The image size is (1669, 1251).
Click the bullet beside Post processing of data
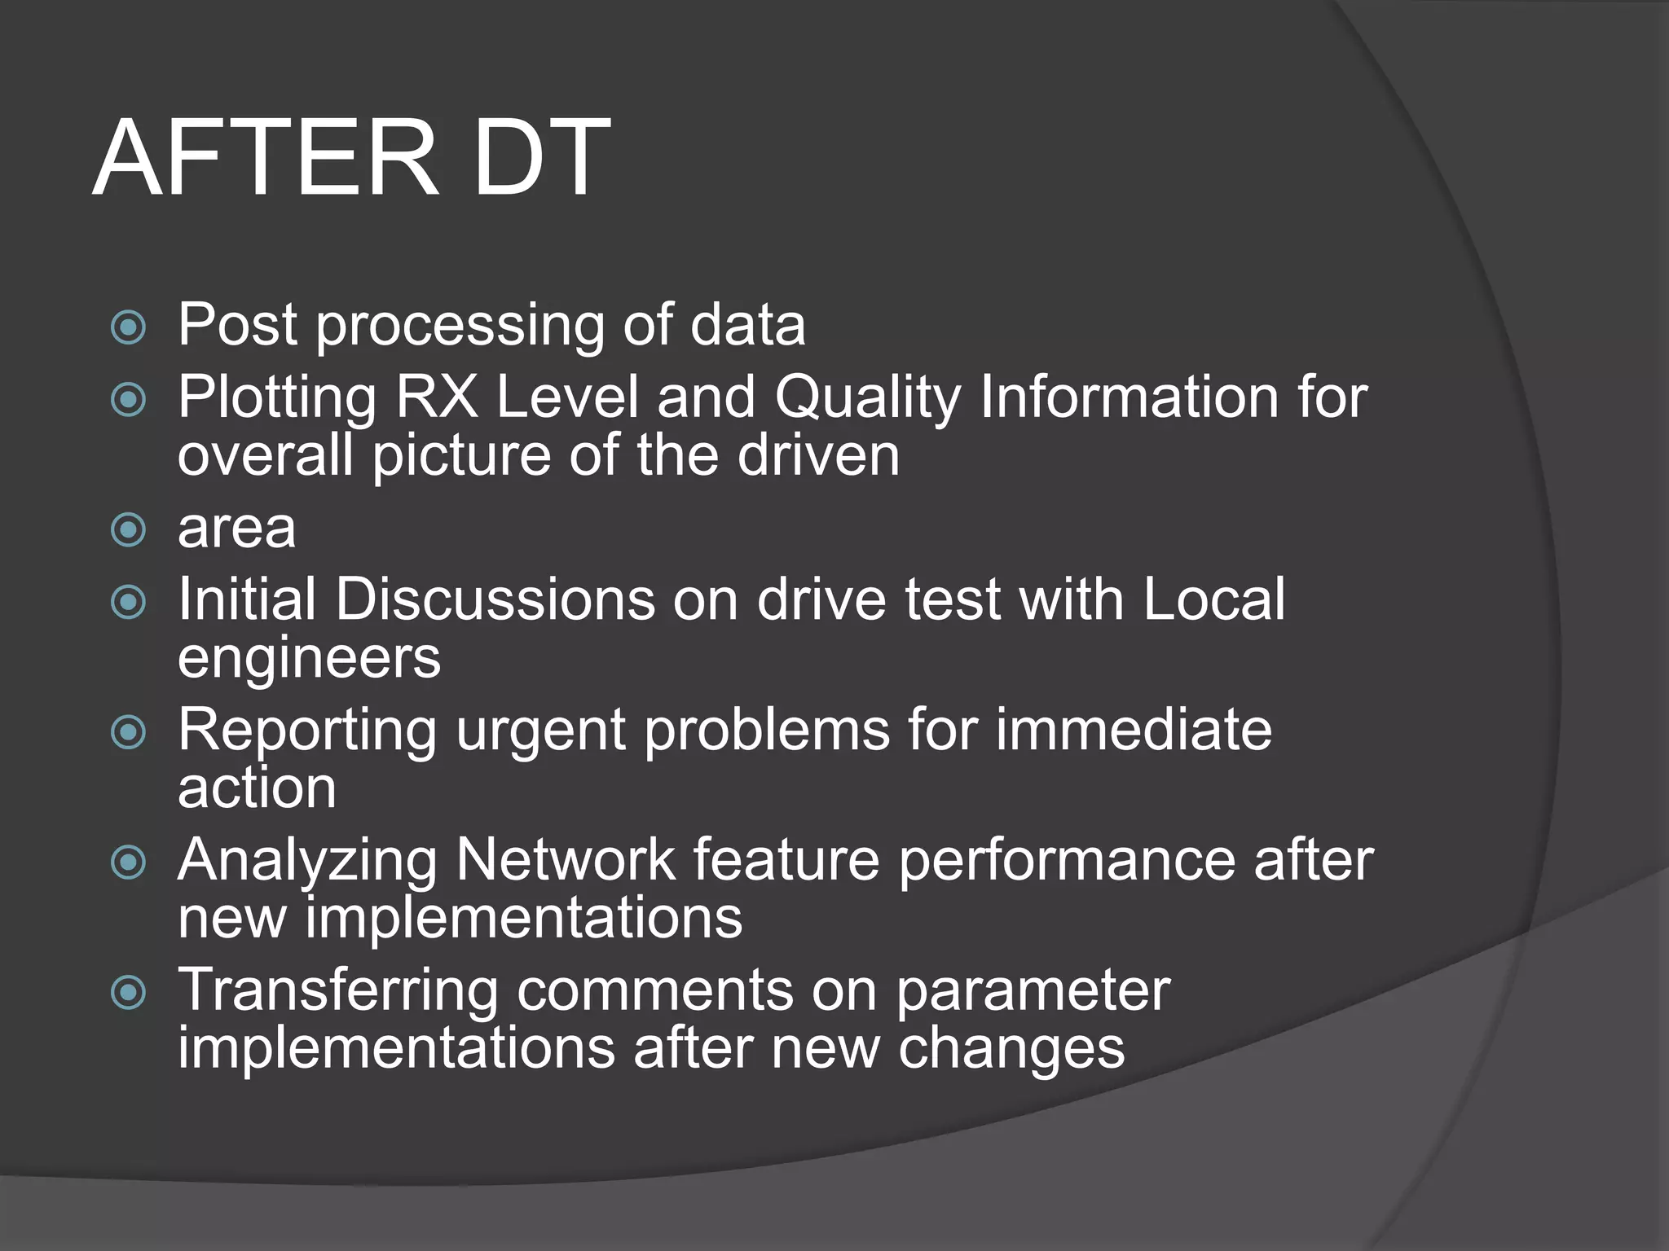pyautogui.click(x=128, y=328)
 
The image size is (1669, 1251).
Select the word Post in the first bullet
pyautogui.click(x=237, y=325)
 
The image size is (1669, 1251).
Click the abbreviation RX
pyautogui.click(x=436, y=397)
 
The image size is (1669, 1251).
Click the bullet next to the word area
pyautogui.click(x=128, y=531)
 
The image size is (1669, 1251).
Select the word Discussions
pyautogui.click(x=495, y=600)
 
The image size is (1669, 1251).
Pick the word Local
pyautogui.click(x=1213, y=600)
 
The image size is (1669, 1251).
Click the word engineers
pyautogui.click(x=309, y=658)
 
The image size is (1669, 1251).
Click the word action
pyautogui.click(x=257, y=788)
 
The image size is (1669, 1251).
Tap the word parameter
pyautogui.click(x=1033, y=992)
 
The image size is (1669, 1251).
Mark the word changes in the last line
pyautogui.click(x=1011, y=1049)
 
